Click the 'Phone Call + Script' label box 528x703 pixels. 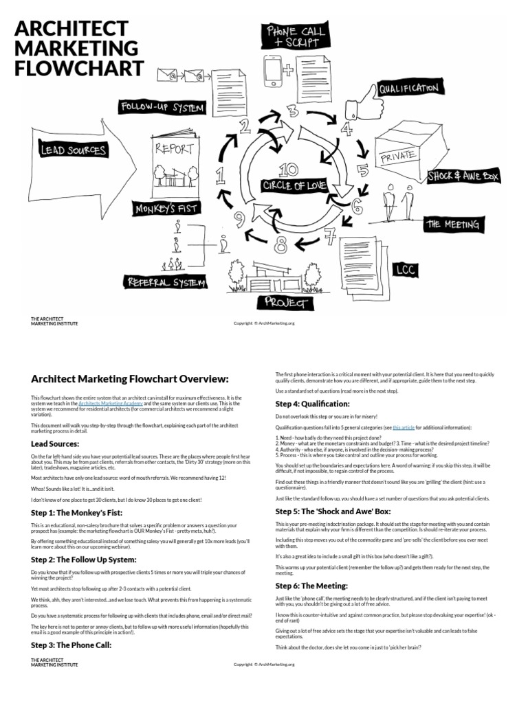tap(295, 36)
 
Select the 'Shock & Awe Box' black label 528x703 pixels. tap(463, 176)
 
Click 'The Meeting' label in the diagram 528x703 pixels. tap(453, 224)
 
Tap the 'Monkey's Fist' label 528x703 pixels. tap(166, 208)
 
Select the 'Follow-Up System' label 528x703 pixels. tap(162, 108)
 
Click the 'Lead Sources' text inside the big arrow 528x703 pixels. tap(74, 150)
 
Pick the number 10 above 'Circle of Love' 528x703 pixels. tap(289, 170)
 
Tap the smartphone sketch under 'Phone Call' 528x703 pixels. tap(273, 71)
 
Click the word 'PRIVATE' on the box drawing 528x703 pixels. tap(398, 157)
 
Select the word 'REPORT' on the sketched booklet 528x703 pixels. tap(175, 148)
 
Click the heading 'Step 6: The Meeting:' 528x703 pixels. tap(311, 586)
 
